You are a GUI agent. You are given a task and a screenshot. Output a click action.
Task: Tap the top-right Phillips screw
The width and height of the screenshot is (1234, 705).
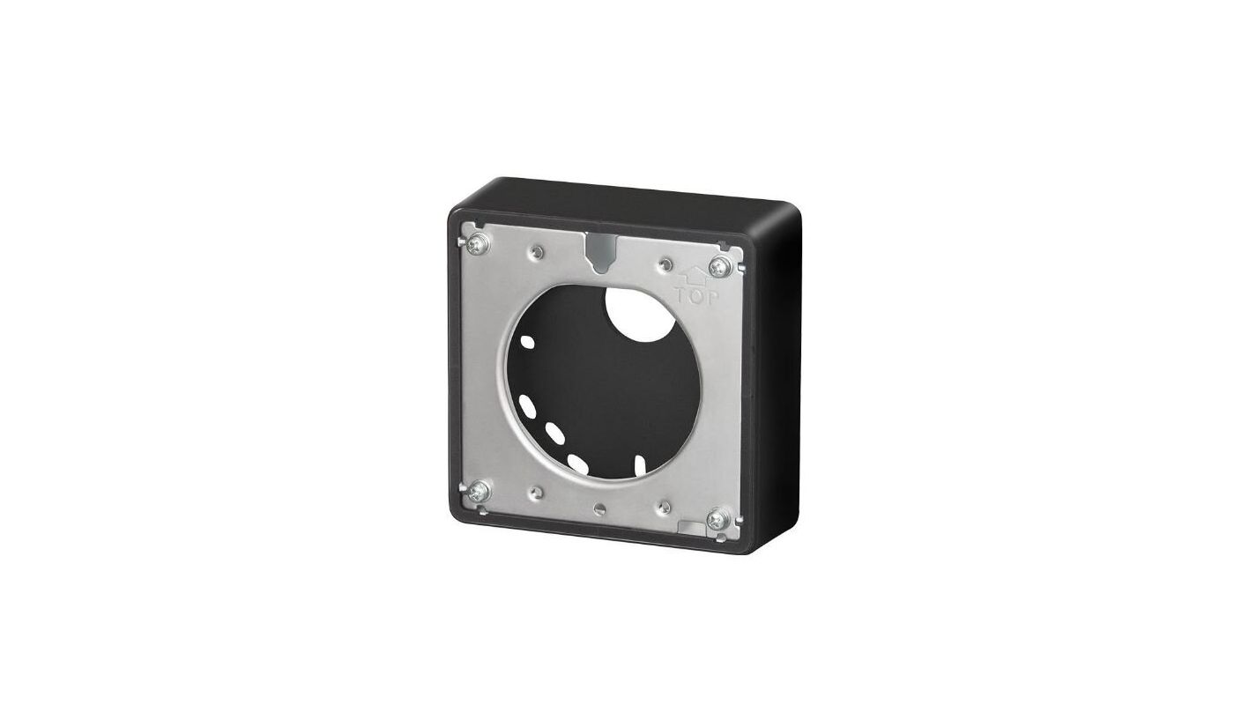719,268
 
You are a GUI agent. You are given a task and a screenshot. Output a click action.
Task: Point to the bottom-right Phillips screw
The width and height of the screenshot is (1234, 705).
717,518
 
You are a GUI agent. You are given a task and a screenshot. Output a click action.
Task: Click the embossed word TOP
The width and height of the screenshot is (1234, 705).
697,298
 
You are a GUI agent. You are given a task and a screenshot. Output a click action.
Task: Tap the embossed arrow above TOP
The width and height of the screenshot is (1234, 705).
695,275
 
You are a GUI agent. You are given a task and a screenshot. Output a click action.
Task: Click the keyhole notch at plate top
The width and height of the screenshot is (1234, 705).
599,251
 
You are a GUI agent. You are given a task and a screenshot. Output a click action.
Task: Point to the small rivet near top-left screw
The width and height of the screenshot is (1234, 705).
537,252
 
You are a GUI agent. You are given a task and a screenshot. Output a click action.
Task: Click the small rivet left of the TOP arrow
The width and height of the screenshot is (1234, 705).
665,263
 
